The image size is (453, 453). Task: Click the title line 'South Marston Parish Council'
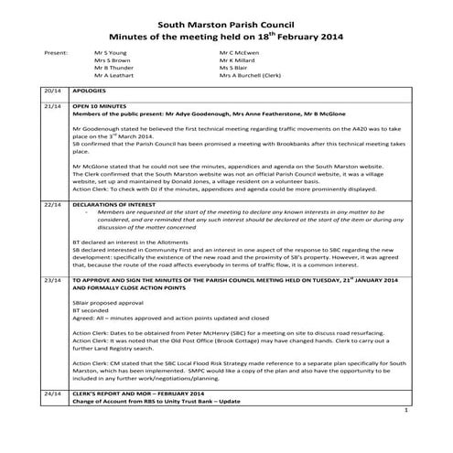225,15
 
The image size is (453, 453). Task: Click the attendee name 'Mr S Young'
112,54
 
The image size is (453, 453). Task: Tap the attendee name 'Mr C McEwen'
238,54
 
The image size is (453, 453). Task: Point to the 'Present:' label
56,54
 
